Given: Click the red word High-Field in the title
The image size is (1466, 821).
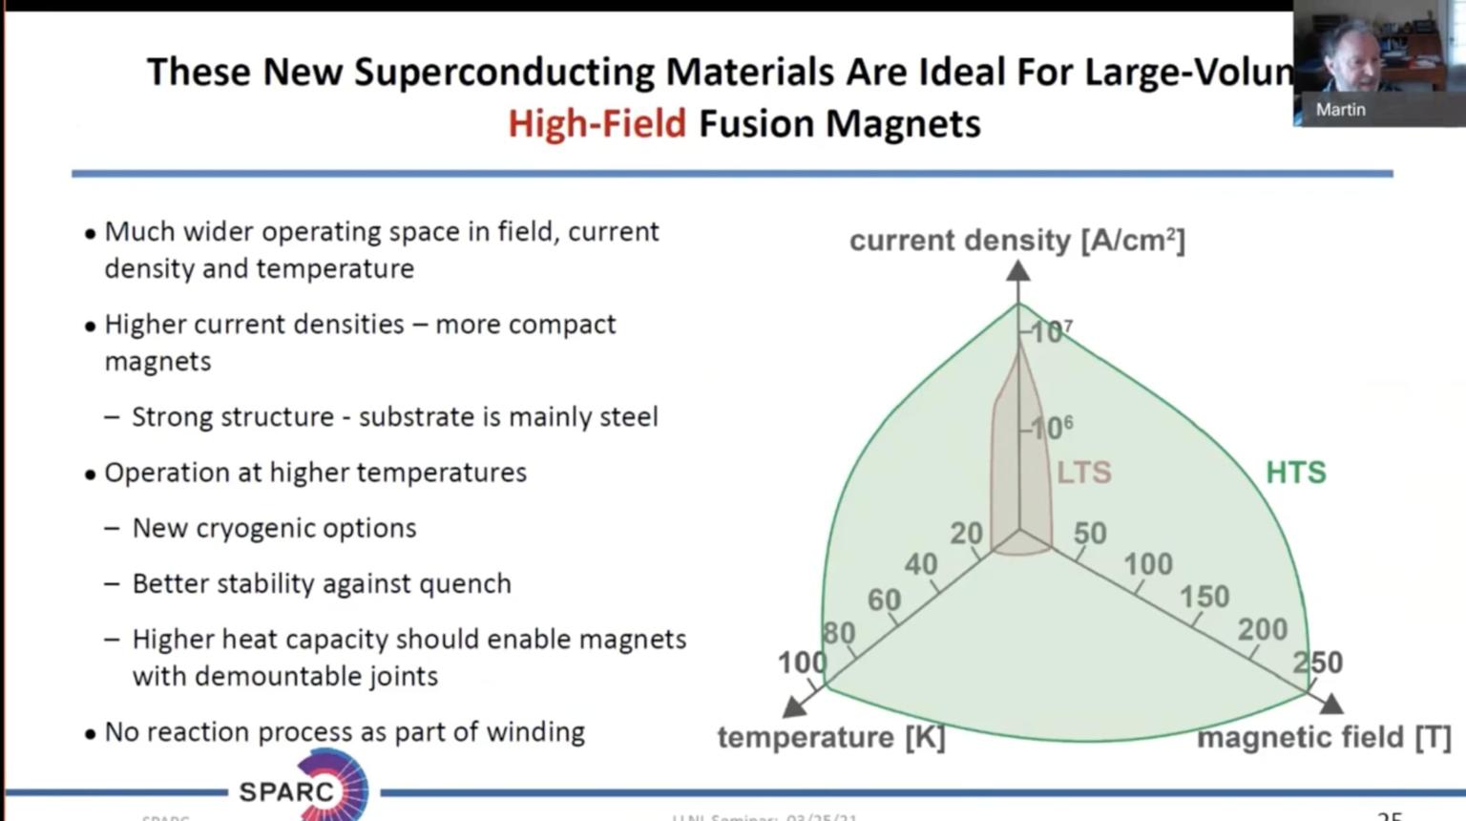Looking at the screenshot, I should click(x=597, y=124).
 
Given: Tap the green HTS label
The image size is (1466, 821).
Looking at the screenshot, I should click(x=1295, y=473).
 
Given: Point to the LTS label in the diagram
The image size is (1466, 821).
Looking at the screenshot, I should click(x=1083, y=473).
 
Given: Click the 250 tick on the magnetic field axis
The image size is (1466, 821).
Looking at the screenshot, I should click(x=1318, y=663).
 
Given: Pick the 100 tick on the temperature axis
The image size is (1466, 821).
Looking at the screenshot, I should click(x=802, y=663).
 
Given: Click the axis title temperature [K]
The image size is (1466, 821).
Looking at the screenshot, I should click(x=830, y=737).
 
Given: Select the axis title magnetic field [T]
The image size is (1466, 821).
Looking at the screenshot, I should click(x=1323, y=737).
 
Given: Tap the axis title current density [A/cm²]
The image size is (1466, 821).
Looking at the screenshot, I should click(x=1016, y=241).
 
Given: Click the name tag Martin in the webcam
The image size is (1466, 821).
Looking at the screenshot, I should click(x=1340, y=110).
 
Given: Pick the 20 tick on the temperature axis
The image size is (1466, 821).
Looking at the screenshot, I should click(x=966, y=533).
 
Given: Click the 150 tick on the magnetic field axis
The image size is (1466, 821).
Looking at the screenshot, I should click(x=1204, y=597).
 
